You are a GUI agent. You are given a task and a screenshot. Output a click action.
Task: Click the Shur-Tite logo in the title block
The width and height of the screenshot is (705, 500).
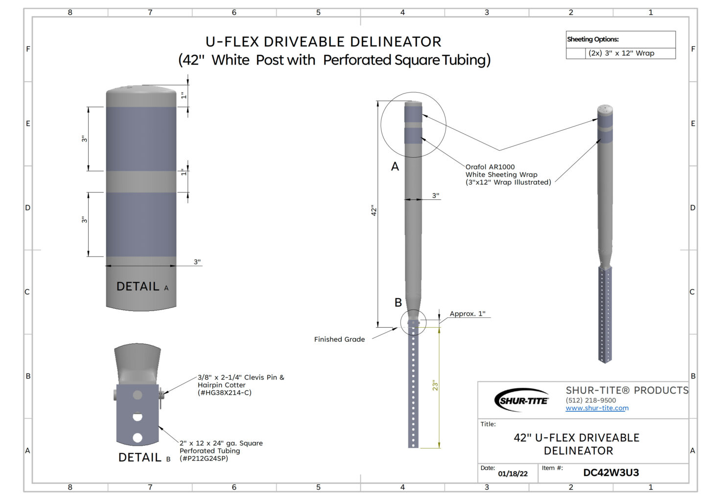coord(521,400)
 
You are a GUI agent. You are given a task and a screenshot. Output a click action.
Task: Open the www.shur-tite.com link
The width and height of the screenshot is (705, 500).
coord(597,408)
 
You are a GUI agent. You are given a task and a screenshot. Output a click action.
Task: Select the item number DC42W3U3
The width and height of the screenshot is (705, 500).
coord(611,473)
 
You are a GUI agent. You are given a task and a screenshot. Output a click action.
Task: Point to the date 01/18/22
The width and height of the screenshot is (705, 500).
coord(513,474)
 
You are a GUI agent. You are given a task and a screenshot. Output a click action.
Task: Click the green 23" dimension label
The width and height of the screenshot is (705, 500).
coord(435,385)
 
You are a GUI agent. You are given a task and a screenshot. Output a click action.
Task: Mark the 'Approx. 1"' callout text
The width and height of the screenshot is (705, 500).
coord(468,313)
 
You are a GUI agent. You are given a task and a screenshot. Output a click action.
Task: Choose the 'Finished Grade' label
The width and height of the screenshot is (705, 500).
coord(339,339)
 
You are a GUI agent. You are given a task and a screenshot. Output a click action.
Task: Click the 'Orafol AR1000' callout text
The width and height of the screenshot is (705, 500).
coord(490,167)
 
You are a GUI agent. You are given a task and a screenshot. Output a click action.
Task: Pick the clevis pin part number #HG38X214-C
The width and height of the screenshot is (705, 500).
coord(224,393)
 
